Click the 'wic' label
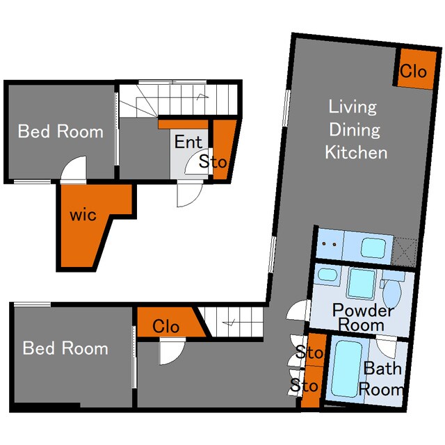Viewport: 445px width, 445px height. (x=83, y=215)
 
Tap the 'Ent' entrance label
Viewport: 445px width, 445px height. (x=188, y=142)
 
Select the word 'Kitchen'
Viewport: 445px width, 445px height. (x=356, y=152)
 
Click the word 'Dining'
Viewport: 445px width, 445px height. (x=355, y=130)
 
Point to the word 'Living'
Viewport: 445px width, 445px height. (x=353, y=107)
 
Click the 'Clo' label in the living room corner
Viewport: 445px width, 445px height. (x=414, y=71)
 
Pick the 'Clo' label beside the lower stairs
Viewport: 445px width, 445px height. (x=165, y=326)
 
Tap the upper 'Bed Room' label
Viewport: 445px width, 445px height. (x=60, y=131)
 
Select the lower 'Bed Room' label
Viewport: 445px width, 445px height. (x=65, y=348)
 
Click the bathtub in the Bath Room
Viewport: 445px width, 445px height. (x=346, y=369)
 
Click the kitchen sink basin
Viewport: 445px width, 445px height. (x=373, y=248)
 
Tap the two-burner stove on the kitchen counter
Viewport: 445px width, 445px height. (x=329, y=244)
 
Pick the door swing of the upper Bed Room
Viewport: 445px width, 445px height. (x=73, y=169)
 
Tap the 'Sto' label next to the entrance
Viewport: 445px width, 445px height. (x=213, y=161)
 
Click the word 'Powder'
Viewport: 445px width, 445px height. (x=363, y=310)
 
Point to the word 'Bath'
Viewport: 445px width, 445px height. (x=382, y=369)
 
